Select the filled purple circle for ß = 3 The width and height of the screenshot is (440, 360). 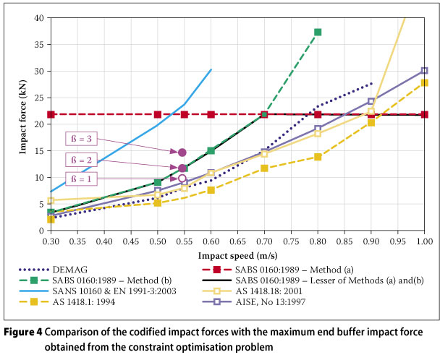182,153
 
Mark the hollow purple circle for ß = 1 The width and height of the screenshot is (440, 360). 182,178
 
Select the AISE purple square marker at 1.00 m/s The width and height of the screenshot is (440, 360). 424,71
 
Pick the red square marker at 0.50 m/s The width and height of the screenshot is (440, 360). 158,114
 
